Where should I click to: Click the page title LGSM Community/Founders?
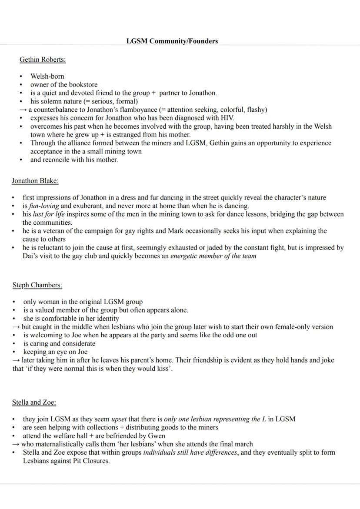point(172,41)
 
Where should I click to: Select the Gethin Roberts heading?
point(43,60)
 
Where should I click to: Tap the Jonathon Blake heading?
point(35,181)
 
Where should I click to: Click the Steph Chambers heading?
point(37,285)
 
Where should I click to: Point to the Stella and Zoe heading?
point(34,402)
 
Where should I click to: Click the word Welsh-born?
point(47,77)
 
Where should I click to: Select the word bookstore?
point(83,85)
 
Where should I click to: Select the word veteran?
point(54,231)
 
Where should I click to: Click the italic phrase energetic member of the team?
point(213,256)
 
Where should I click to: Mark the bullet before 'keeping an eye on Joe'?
point(15,352)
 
